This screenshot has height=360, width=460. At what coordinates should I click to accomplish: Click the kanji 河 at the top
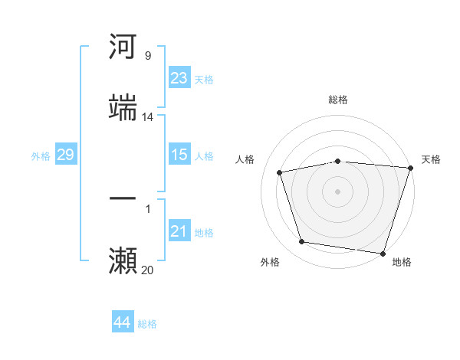pos(123,47)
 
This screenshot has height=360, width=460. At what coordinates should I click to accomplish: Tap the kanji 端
pos(123,108)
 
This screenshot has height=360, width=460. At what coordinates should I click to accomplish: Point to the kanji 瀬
pos(123,261)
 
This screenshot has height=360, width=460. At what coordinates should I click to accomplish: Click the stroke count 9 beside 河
pos(147,56)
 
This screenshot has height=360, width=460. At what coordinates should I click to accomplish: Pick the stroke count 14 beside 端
pos(147,117)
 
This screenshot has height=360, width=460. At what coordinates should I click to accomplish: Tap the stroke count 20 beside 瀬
pos(147,270)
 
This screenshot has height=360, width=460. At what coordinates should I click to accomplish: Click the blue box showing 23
pos(179,78)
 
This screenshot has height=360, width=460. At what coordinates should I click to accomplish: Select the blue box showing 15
pos(179,155)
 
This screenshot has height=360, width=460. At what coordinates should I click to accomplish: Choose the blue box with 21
pos(179,231)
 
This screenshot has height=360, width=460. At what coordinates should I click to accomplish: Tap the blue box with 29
pos(65,155)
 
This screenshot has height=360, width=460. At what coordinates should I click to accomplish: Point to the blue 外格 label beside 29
pos(41,155)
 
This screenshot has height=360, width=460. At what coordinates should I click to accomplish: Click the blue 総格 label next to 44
pos(147,324)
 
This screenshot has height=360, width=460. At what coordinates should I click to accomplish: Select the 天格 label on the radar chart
pos(431,159)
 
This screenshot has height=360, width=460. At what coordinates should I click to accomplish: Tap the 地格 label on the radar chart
pos(402,262)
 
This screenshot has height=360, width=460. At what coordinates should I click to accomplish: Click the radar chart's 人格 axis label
pos(245,159)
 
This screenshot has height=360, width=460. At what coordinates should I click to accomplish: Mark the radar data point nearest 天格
pos(409,168)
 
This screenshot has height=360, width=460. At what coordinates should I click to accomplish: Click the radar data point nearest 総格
pos(337,161)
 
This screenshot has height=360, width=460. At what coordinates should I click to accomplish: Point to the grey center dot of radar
pos(337,191)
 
